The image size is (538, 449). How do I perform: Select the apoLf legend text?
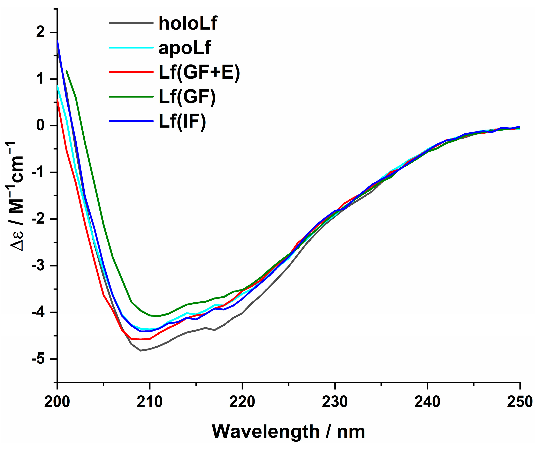(x=184, y=48)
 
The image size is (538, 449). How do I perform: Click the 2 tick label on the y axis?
(x=40, y=32)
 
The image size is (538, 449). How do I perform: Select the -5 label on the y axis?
(x=38, y=359)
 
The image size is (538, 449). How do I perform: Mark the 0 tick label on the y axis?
(x=40, y=126)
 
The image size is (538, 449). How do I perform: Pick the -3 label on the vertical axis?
(x=38, y=266)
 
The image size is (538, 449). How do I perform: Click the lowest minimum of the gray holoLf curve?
(x=140, y=350)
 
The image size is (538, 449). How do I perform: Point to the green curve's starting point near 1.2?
(x=67, y=71)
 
